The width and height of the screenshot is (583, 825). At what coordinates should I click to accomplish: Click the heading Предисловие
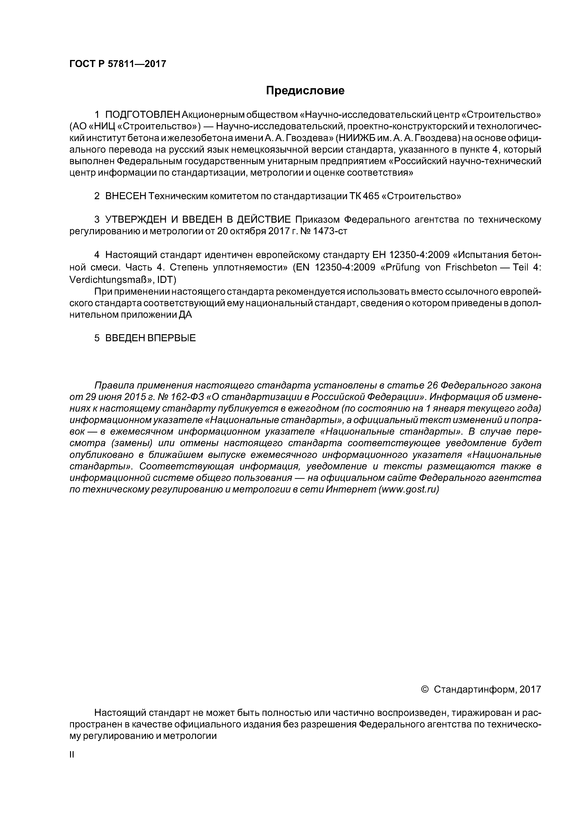(305, 91)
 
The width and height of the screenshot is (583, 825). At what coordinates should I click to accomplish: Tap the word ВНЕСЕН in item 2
(126, 196)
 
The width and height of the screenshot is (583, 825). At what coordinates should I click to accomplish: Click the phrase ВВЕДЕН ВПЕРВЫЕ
(150, 338)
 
